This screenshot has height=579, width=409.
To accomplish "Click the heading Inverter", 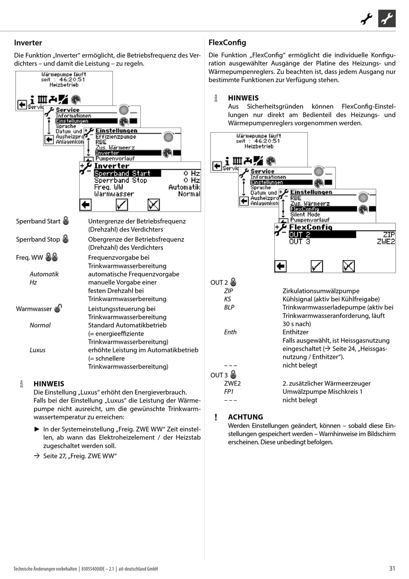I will coord(28,43).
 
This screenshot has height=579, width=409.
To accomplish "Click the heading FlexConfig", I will coord(227,42).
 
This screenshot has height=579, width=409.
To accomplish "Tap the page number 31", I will coord(392,568).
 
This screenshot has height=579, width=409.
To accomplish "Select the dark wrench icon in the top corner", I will coord(387,19).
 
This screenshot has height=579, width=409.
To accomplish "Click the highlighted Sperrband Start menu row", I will coord(127,173).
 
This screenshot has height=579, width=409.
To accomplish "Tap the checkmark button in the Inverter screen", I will coord(122,205).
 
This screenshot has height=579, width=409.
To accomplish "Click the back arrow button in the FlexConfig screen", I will coord(281,266).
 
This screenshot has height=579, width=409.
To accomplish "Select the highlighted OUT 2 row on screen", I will coord(322,234).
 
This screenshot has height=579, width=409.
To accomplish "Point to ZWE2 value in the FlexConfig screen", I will coord(386,242).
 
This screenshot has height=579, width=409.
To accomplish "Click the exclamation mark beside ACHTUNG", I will coord(216,417).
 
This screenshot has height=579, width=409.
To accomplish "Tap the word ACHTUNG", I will coord(245,417).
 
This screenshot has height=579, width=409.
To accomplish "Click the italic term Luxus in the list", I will coord(37,350).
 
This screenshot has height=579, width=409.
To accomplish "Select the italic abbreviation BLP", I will coord(229,307).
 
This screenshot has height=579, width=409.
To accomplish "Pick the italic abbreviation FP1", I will coord(229,392).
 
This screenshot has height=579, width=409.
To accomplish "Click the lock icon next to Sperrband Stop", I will coord(65,239).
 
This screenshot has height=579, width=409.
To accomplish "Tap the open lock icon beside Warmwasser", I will coord(58,308).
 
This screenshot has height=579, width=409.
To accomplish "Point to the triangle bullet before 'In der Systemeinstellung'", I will coord(37,429).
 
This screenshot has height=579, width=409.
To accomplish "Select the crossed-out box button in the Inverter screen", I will coord(154,205).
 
